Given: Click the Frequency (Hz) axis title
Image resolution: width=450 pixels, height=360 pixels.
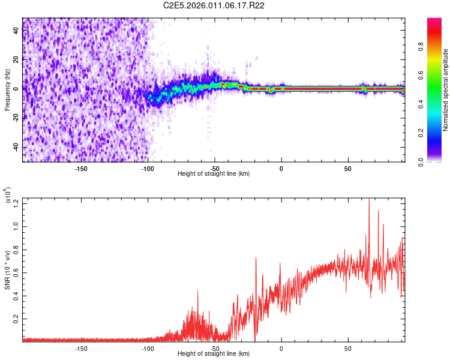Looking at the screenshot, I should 7,90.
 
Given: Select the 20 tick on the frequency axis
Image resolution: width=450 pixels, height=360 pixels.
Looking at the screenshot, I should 16,59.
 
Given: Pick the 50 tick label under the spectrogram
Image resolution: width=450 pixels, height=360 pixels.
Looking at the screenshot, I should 348,168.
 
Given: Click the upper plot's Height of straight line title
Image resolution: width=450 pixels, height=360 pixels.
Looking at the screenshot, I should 214,174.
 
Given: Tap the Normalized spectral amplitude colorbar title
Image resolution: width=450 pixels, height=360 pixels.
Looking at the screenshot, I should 446,90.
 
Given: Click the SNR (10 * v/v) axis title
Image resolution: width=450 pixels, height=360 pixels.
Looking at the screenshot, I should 7,269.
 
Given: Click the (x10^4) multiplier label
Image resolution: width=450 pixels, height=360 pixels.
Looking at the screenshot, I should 7,196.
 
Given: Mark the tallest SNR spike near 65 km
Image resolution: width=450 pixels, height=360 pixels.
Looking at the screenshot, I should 368,200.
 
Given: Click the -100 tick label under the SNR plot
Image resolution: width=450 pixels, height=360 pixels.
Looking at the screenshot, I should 148,348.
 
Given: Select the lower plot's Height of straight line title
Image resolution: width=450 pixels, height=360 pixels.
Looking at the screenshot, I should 214,355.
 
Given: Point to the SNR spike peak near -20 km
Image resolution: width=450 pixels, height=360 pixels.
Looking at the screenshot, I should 256,258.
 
